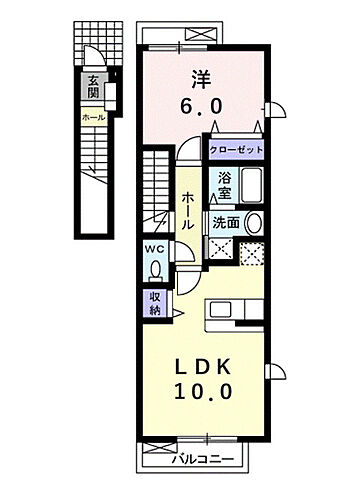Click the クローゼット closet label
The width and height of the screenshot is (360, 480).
click(x=237, y=149)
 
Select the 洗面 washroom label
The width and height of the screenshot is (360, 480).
click(x=223, y=222)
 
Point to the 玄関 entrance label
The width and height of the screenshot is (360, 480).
click(x=93, y=88)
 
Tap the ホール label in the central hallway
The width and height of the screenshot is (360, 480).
click(x=188, y=210)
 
